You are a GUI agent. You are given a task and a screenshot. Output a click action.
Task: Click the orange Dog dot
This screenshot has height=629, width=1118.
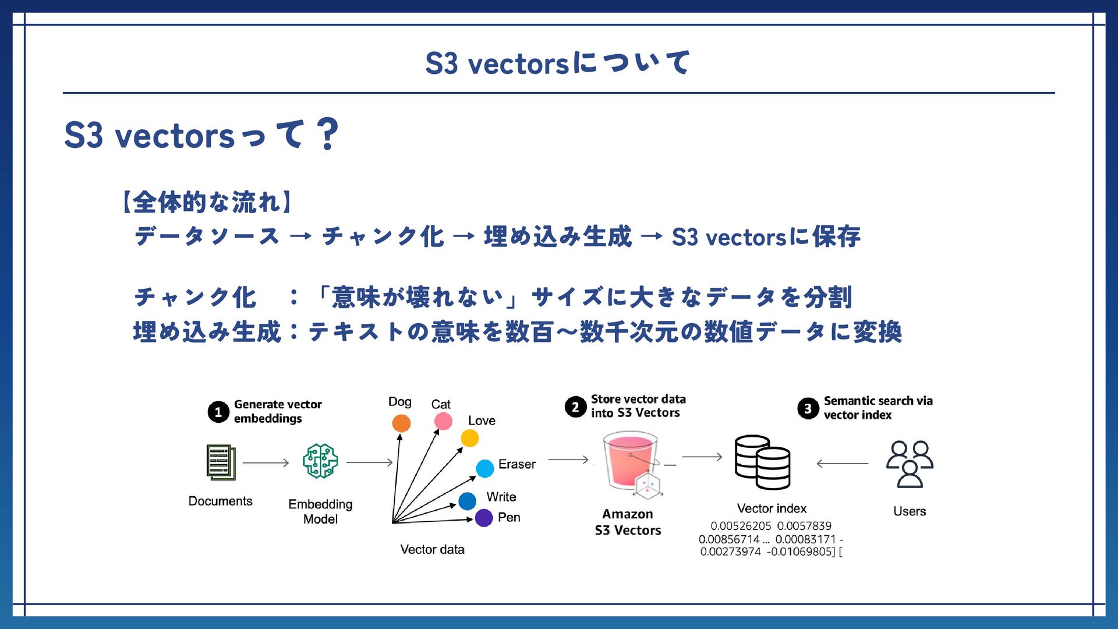pyautogui.click(x=401, y=423)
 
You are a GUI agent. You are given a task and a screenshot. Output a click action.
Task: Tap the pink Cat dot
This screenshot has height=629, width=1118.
pyautogui.click(x=443, y=421)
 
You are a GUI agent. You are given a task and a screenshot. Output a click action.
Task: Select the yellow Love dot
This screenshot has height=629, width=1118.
pyautogui.click(x=470, y=438)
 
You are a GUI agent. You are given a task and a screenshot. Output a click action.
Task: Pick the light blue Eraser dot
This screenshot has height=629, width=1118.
pyautogui.click(x=485, y=468)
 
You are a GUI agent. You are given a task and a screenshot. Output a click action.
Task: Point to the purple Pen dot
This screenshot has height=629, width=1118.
pyautogui.click(x=484, y=518)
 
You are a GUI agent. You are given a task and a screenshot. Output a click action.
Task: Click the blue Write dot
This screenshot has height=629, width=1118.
pyautogui.click(x=467, y=501)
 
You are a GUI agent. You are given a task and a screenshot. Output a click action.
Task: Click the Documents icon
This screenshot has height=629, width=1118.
pyautogui.click(x=221, y=462)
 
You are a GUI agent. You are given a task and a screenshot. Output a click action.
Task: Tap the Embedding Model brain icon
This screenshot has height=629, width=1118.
pyautogui.click(x=320, y=461)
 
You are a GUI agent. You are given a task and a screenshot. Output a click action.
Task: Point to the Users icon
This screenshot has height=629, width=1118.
pyautogui.click(x=910, y=464)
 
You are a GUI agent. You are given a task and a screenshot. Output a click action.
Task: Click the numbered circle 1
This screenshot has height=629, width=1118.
pyautogui.click(x=218, y=412)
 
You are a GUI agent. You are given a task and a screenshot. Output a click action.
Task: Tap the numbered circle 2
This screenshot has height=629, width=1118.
pyautogui.click(x=575, y=407)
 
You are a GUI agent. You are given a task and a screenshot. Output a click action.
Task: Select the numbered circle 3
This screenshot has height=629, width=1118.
pyautogui.click(x=808, y=409)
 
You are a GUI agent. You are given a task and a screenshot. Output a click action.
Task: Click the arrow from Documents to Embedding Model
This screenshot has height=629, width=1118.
pyautogui.click(x=266, y=463)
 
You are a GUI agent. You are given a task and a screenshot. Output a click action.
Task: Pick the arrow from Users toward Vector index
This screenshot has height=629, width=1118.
pyautogui.click(x=842, y=464)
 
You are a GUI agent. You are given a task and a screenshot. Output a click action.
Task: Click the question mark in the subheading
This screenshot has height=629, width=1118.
pyautogui.click(x=328, y=134)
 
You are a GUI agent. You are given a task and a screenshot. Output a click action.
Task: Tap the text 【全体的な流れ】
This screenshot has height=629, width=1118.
pyautogui.click(x=207, y=202)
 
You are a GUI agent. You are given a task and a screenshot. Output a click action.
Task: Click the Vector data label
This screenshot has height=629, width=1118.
pyautogui.click(x=432, y=549)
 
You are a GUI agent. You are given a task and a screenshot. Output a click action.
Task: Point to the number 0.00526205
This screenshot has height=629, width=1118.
pyautogui.click(x=741, y=526)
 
